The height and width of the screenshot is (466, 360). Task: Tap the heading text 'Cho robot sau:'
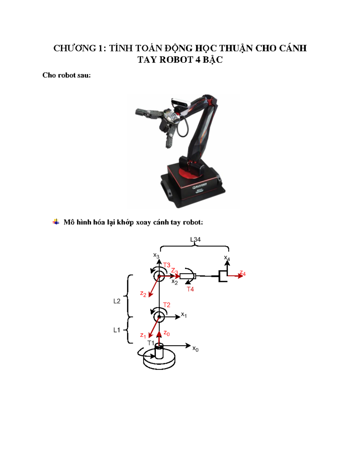click(66, 75)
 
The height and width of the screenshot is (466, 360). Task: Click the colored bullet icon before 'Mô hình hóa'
click(56, 222)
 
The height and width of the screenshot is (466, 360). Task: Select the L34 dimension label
click(195, 239)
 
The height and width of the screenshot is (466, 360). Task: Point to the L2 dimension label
click(117, 301)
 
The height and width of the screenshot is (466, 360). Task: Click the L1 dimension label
click(117, 330)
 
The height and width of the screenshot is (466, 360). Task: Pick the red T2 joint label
click(166, 305)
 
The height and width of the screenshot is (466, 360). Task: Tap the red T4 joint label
click(190, 289)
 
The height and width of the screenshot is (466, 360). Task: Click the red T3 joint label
click(167, 265)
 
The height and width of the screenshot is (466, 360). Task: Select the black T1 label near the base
click(151, 343)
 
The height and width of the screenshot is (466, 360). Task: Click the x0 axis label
click(195, 349)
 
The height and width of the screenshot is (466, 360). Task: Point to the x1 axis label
click(184, 315)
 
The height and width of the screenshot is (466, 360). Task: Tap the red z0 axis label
click(166, 333)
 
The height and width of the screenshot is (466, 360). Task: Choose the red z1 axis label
click(143, 335)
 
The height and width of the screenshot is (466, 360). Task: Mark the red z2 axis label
click(143, 294)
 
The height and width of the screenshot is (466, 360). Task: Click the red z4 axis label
click(242, 274)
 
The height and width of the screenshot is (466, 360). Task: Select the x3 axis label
click(156, 255)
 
